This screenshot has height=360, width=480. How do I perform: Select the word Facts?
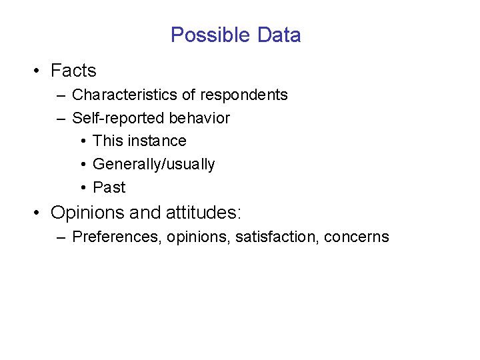pos(73,71)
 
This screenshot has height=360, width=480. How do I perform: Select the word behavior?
pos(199,119)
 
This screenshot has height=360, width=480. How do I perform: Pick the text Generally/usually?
pos(153,165)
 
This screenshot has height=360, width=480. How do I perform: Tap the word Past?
pos(109,187)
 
